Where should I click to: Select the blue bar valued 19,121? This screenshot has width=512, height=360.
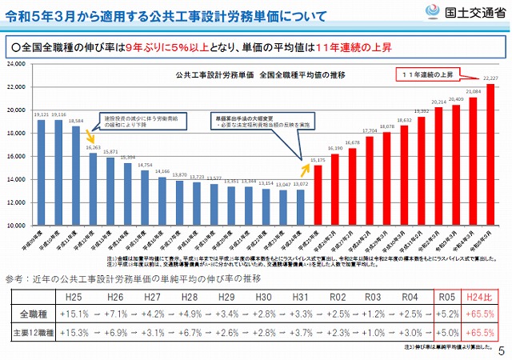pos(41,172)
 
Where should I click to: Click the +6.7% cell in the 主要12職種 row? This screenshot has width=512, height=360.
pos(193,330)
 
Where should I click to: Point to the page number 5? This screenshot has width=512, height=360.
pos(502,351)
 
